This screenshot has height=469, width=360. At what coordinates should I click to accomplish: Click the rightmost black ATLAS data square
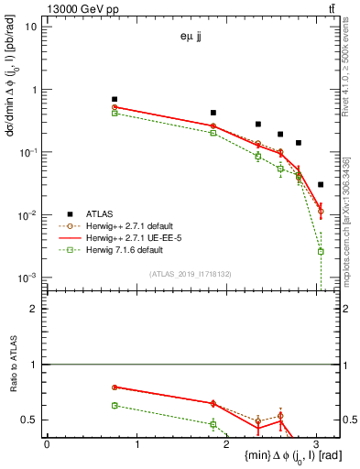320,184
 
